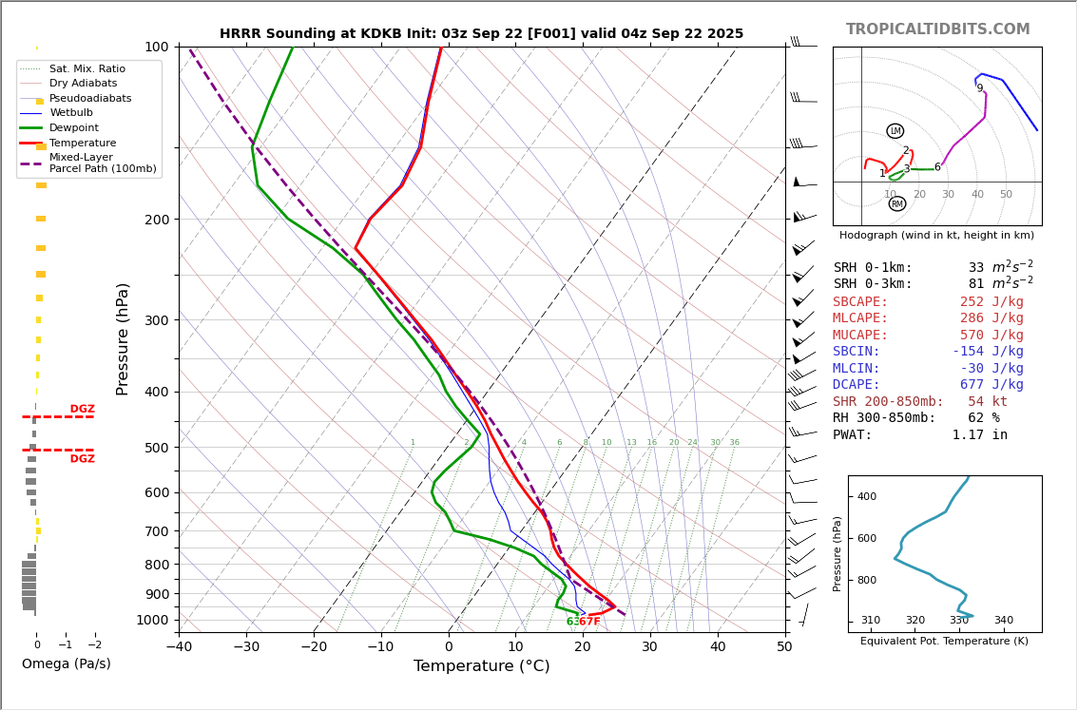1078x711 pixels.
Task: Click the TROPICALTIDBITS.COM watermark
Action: (937, 29)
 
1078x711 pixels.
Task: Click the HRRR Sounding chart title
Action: (481, 33)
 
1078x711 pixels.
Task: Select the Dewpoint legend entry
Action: (74, 127)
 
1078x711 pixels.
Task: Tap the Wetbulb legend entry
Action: (71, 113)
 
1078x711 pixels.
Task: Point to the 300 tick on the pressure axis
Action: (155, 320)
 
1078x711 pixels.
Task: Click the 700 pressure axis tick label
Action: (155, 531)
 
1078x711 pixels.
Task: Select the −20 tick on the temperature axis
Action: (314, 647)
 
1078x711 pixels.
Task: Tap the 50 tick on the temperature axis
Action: (784, 647)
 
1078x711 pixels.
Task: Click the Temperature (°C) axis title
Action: (481, 666)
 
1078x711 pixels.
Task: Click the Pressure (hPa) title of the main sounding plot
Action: (123, 338)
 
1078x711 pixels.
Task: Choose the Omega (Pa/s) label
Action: (66, 663)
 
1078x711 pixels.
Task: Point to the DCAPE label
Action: (857, 385)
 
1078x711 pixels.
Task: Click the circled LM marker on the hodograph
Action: (895, 131)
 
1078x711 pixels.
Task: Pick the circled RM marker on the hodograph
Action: (896, 203)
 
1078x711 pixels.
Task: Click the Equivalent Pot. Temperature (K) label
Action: (944, 641)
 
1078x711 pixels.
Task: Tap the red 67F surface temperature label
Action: (590, 622)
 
